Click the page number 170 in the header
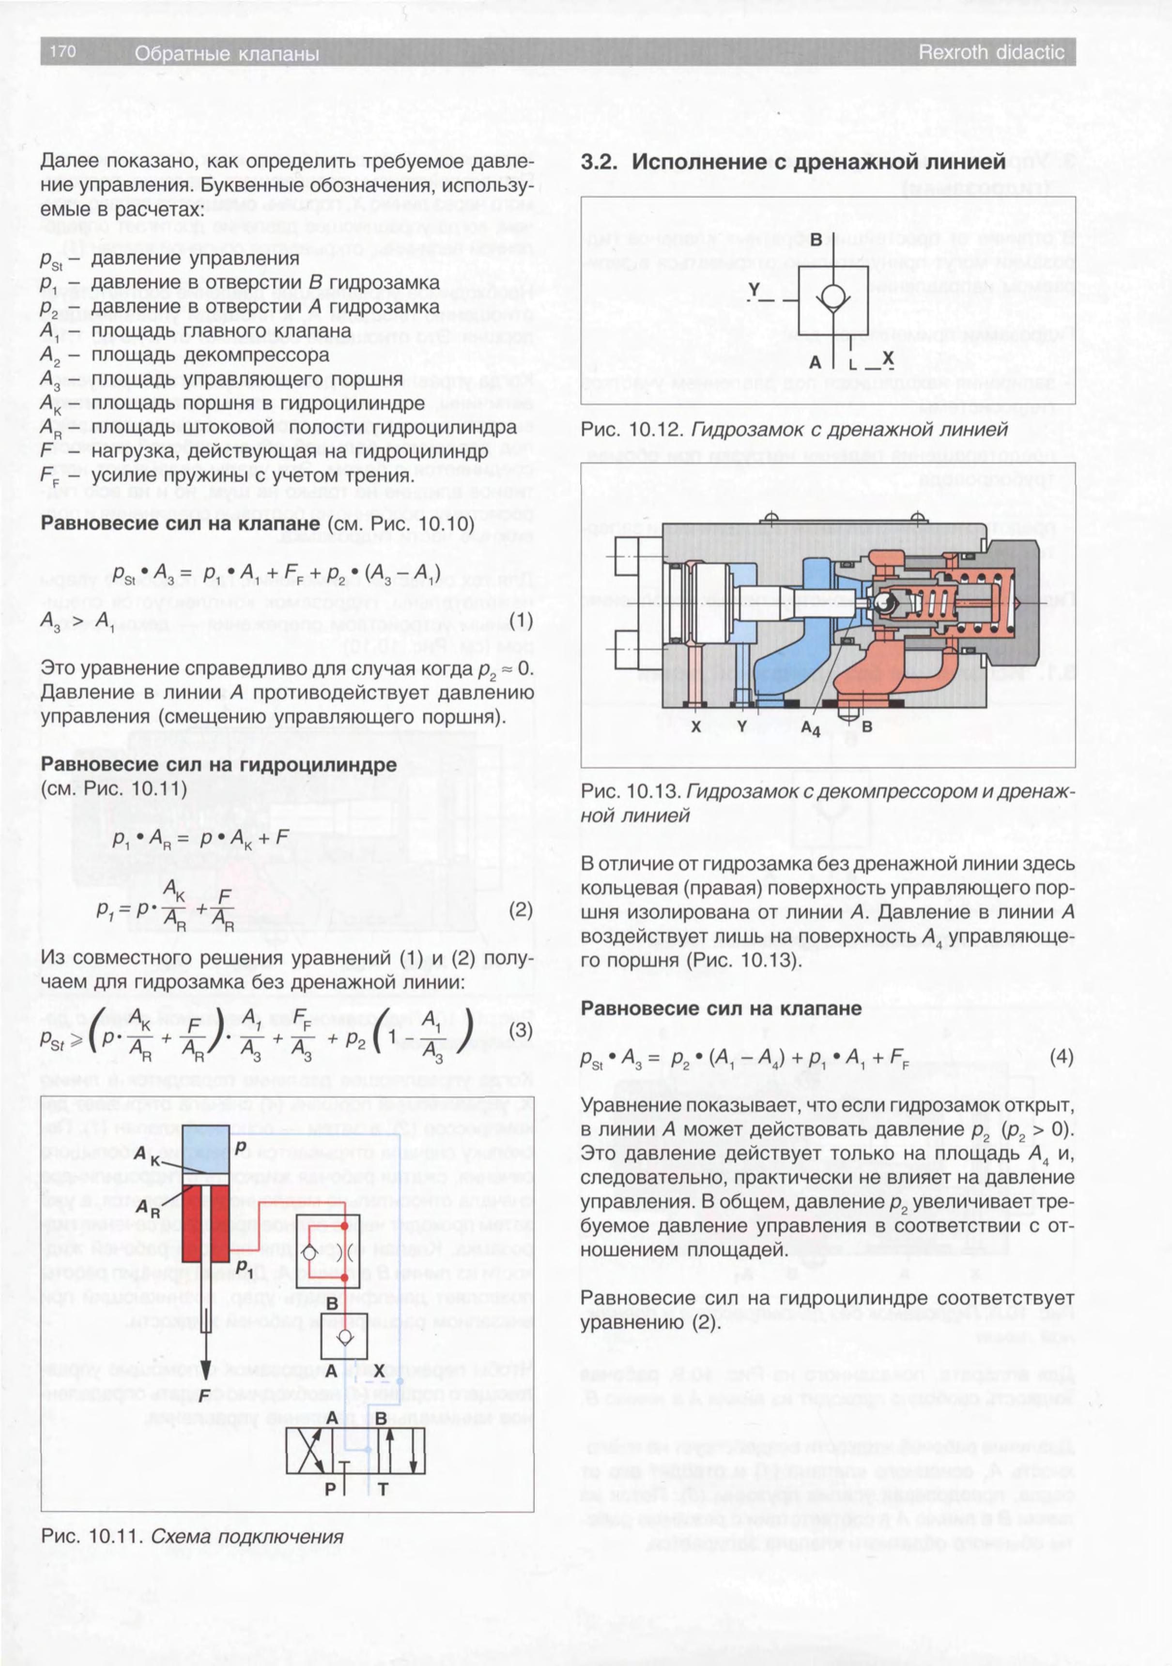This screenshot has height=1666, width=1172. tap(63, 51)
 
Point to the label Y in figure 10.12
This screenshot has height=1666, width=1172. tap(754, 290)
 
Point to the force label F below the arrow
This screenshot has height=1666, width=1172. tap(205, 1395)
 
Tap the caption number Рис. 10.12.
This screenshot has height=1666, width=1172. tap(632, 430)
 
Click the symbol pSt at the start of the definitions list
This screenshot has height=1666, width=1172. tap(53, 260)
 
